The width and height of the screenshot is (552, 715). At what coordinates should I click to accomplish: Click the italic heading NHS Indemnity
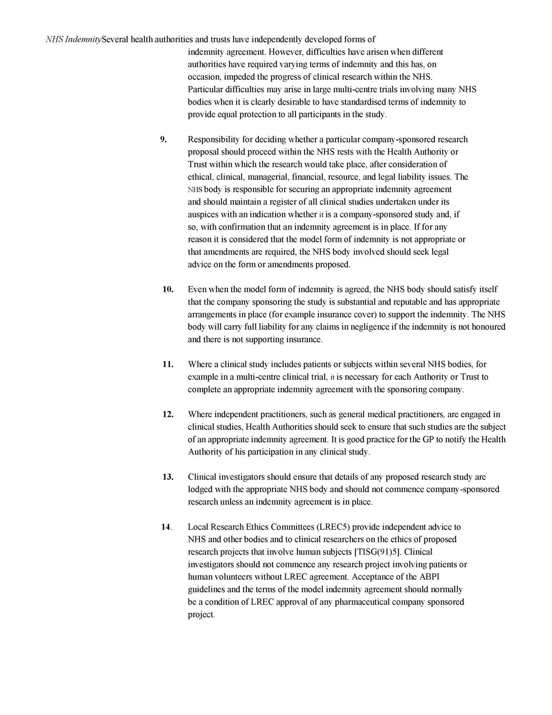tap(73, 40)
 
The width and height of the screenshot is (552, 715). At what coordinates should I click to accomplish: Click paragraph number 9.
tap(163, 139)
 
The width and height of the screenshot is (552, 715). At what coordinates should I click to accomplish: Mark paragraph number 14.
tap(166, 527)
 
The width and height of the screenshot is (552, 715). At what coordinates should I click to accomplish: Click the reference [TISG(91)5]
tap(377, 552)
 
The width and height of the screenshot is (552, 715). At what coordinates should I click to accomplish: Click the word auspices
tap(203, 215)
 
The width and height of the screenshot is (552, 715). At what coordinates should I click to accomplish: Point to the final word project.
tap(201, 615)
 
